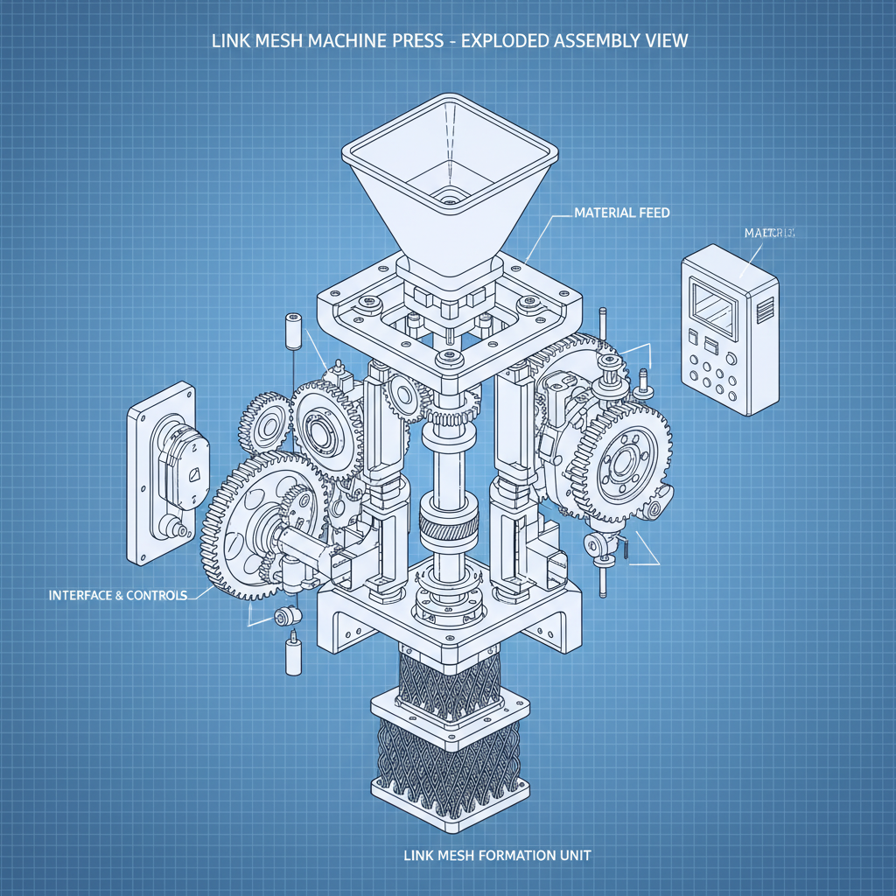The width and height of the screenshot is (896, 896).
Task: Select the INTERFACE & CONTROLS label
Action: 118,595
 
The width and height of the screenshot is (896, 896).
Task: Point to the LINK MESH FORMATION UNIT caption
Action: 496,854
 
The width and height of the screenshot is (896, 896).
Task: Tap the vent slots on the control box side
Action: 766,308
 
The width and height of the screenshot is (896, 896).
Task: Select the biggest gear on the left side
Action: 254,525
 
